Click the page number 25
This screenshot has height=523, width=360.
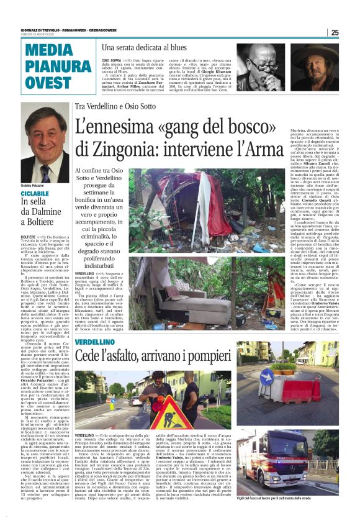coord(351,32)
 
